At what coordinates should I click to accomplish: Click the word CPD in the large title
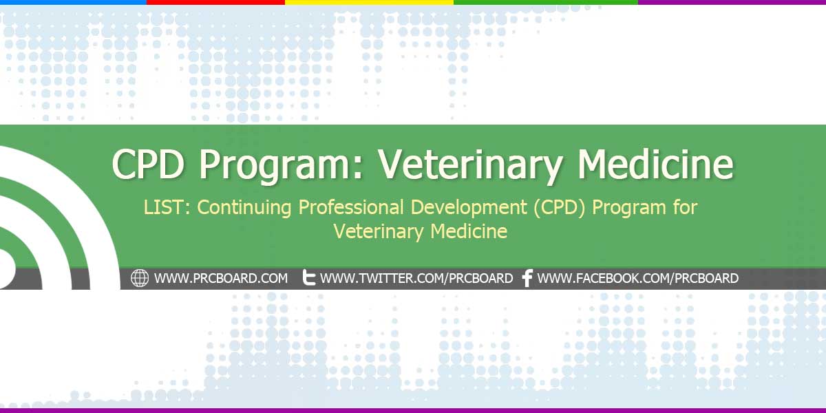[148, 164]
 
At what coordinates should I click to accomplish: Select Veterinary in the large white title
[471, 166]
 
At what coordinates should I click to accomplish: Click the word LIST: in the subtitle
[167, 207]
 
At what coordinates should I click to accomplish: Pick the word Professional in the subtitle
[351, 207]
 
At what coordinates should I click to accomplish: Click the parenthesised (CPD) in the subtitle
[560, 208]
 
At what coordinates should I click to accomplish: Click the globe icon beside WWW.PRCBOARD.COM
[140, 278]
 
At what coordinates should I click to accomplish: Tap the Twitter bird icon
[309, 277]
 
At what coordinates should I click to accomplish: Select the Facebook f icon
[528, 278]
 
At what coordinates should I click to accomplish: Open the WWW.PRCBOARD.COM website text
[221, 278]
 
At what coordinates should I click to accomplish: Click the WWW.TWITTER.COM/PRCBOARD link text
[416, 278]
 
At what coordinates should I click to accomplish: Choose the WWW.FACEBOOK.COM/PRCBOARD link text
[637, 278]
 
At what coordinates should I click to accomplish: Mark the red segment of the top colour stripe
[215, 2]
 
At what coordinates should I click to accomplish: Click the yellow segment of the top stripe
[369, 2]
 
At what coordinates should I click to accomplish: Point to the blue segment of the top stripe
[74, 2]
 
